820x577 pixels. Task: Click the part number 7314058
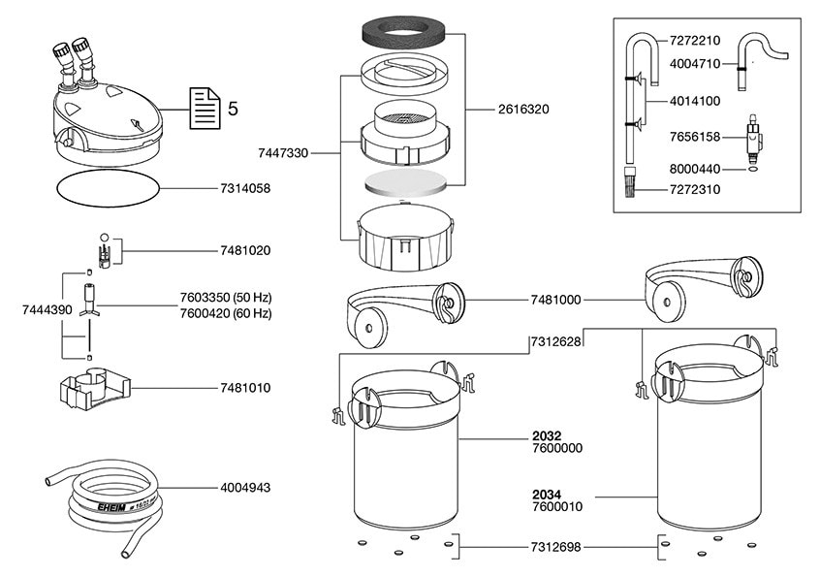(x=237, y=189)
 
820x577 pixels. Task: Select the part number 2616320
(x=523, y=110)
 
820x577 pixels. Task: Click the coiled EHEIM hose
(x=107, y=504)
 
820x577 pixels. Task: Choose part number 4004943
(x=237, y=488)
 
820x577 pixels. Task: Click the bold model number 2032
(x=547, y=435)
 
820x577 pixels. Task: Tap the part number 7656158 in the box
(x=695, y=138)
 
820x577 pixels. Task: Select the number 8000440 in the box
(x=695, y=168)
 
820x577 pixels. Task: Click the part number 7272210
(x=695, y=42)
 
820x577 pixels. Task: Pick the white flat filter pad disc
(x=407, y=183)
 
